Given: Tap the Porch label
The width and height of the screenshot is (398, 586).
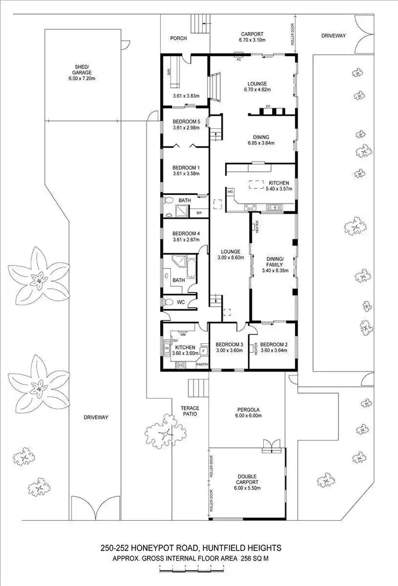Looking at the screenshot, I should coord(178,38).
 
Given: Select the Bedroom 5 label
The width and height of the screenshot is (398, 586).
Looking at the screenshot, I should coord(186,122).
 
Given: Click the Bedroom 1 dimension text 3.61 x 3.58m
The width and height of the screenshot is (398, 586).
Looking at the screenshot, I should coord(186,173).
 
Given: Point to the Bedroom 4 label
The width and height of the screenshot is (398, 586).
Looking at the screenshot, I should coord(186,233).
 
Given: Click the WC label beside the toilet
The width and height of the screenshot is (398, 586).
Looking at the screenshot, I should coord(180,302).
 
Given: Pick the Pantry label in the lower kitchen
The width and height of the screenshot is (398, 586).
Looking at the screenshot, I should coord(203,365).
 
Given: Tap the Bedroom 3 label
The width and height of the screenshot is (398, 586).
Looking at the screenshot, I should coord(229,343).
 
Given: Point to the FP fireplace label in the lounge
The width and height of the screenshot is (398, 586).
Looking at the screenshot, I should coord(268,106).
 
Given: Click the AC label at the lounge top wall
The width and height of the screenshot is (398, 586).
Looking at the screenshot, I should coord(239,59).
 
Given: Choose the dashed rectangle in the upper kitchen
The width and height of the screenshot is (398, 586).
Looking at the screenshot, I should coord(257,184).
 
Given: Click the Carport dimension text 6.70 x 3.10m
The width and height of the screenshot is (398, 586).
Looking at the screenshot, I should coord(251,40).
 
